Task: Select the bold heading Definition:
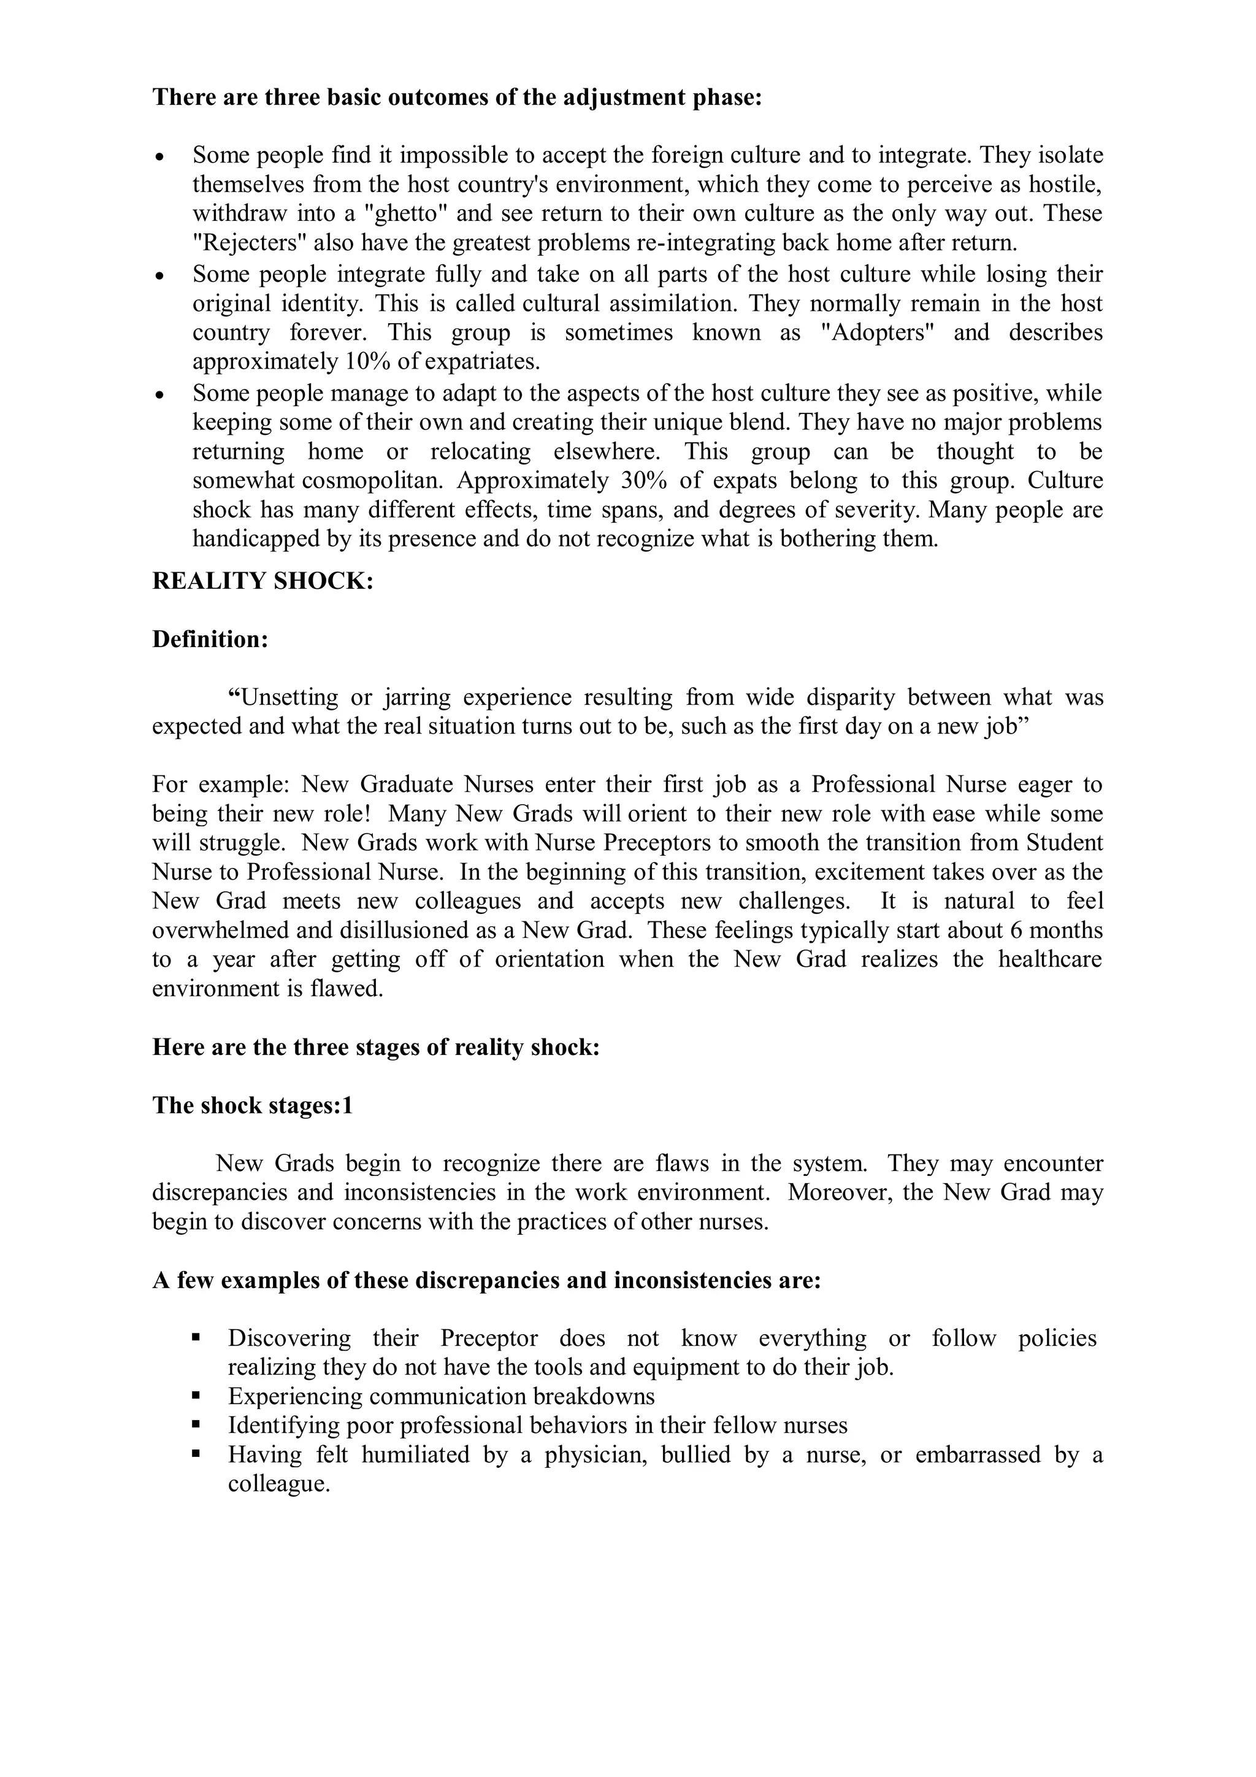[210, 639]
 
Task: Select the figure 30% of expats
[643, 481]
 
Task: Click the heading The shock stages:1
[252, 1105]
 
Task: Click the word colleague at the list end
[278, 1484]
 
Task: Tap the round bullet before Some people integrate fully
[159, 275]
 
